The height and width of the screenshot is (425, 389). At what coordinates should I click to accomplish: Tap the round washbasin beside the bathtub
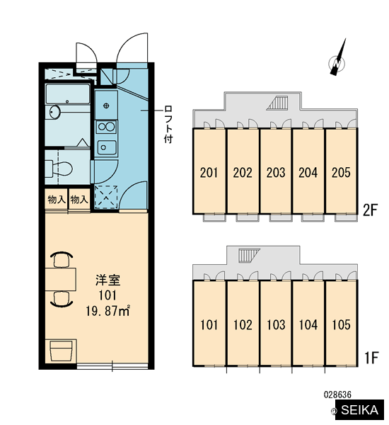coord(55,112)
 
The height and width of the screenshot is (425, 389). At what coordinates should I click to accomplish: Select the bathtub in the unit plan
coord(68,93)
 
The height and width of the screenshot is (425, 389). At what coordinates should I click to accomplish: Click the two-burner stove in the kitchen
coord(106,127)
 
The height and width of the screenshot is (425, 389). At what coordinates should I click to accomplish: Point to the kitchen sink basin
coord(107,147)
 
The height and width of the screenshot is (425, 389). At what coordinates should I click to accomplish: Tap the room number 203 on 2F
coord(276,173)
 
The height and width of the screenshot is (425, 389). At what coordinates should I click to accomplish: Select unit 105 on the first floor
coord(341,324)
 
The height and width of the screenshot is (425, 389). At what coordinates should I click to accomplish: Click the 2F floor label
coord(370,210)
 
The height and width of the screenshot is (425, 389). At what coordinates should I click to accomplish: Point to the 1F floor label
coord(371,358)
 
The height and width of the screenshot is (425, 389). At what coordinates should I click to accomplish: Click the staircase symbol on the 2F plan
coord(277,103)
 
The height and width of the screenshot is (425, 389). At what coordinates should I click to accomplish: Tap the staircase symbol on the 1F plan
coord(249,255)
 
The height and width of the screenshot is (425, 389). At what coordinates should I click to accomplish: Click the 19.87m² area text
coord(108,311)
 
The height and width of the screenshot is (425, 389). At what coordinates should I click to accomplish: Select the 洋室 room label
coord(108,280)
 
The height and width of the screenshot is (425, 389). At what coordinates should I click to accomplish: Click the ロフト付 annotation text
coord(168,125)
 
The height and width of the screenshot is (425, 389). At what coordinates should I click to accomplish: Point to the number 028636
coord(337,395)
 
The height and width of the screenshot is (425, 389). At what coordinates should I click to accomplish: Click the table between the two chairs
coord(60,280)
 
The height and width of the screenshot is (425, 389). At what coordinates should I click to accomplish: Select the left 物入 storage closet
coord(57,199)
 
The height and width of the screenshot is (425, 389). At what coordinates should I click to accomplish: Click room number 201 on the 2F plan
coord(209,173)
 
